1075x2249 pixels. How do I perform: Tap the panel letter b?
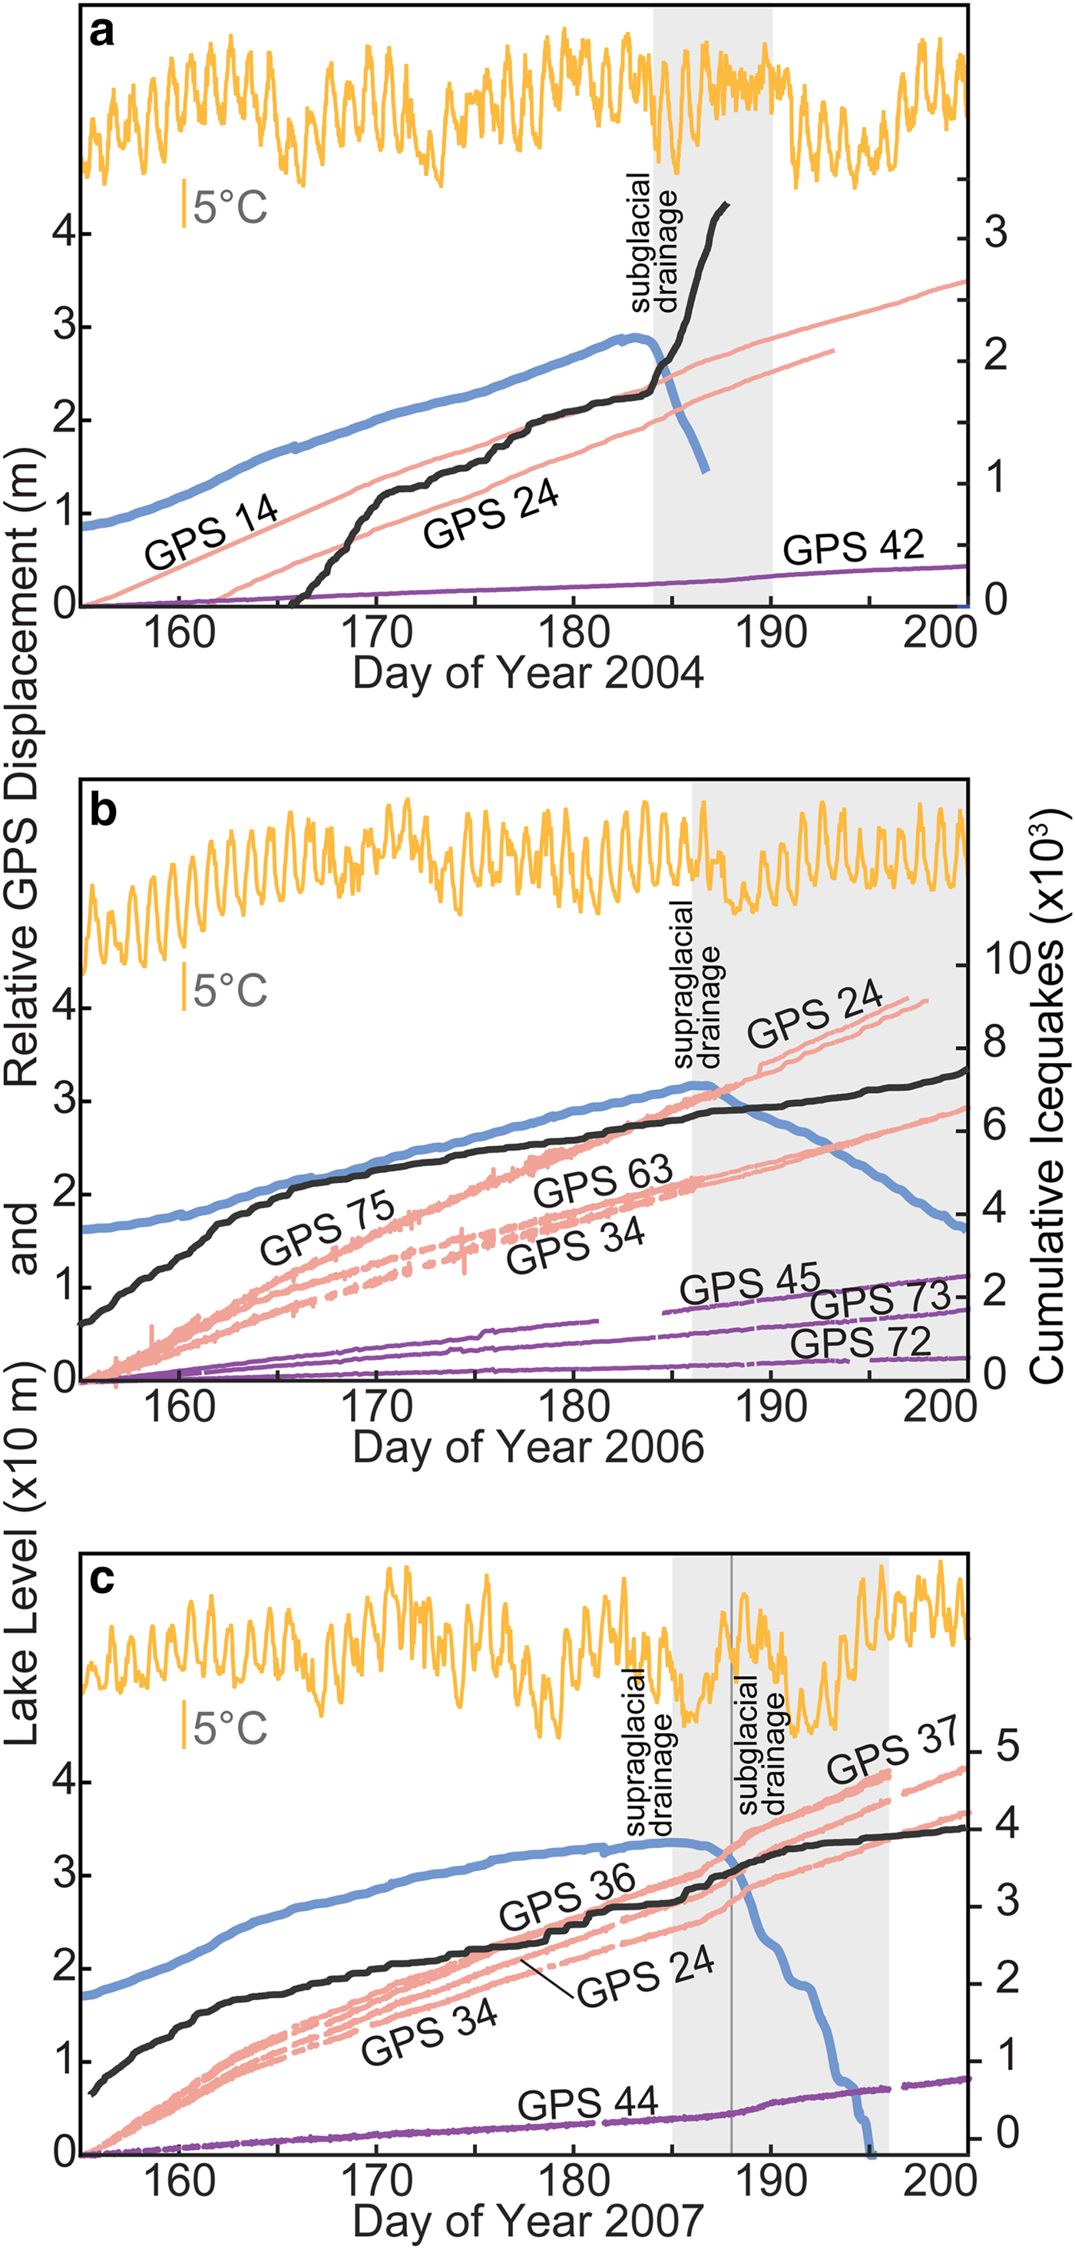point(103,810)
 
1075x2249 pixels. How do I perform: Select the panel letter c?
point(102,1578)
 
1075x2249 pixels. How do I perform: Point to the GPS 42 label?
point(852,548)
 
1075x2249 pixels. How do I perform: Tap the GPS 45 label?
point(749,1283)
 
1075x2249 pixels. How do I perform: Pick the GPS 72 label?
point(860,1342)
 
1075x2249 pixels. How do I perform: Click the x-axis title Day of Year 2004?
point(528,674)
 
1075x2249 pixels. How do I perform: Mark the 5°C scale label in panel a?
point(230,206)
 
